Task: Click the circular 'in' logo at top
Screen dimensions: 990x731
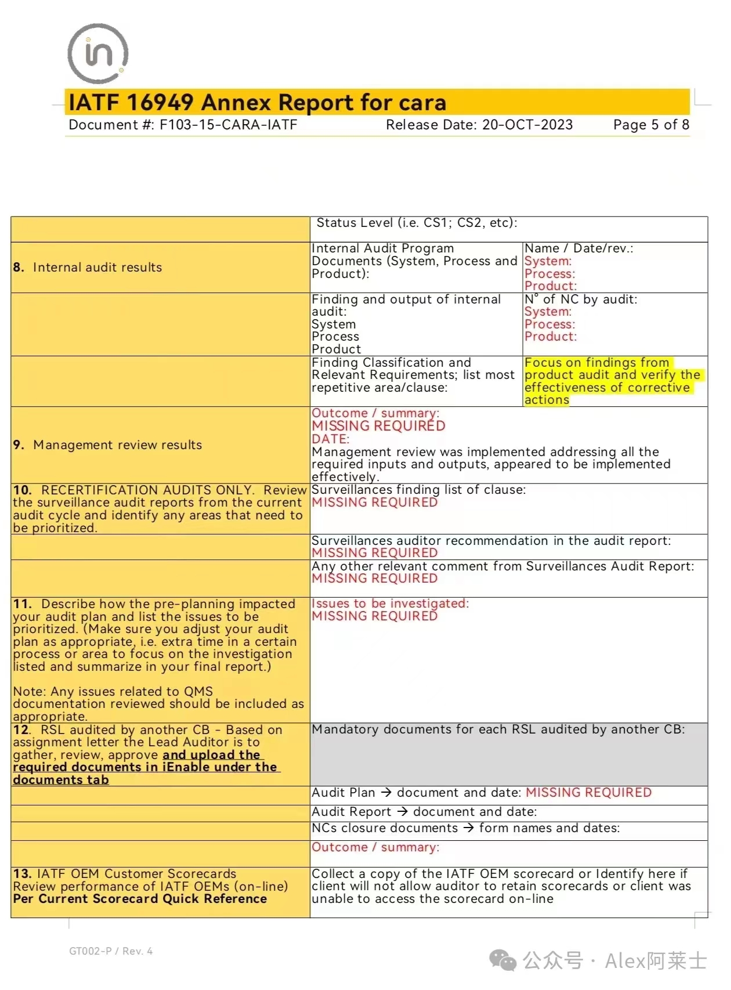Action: pyautogui.click(x=97, y=53)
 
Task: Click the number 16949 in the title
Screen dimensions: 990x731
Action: pyautogui.click(x=160, y=103)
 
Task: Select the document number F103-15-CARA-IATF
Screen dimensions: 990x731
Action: pyautogui.click(x=228, y=125)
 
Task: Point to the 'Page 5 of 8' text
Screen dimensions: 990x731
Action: pyautogui.click(x=651, y=125)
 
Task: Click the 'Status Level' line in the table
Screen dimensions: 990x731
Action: pyautogui.click(x=417, y=223)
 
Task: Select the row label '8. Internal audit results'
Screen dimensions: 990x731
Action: pyautogui.click(x=88, y=268)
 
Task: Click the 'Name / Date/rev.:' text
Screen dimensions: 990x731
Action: pyautogui.click(x=578, y=248)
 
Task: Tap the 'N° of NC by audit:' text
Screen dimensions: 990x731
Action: pyautogui.click(x=581, y=299)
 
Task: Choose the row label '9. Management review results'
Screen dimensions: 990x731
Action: pyautogui.click(x=107, y=445)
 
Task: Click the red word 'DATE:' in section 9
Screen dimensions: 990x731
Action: pyautogui.click(x=330, y=439)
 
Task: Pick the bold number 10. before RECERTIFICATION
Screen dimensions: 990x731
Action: pyautogui.click(x=22, y=490)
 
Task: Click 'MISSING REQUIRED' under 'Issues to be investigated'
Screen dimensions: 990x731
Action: pyautogui.click(x=374, y=616)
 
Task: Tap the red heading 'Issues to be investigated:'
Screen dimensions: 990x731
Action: pyautogui.click(x=390, y=604)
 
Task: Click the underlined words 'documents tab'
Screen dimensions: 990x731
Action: pyautogui.click(x=61, y=780)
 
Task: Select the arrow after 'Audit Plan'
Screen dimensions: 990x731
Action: pyautogui.click(x=386, y=793)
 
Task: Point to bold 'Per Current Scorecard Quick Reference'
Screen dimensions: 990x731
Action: pyautogui.click(x=140, y=899)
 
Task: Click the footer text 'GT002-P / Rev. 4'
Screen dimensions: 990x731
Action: pyautogui.click(x=111, y=951)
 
